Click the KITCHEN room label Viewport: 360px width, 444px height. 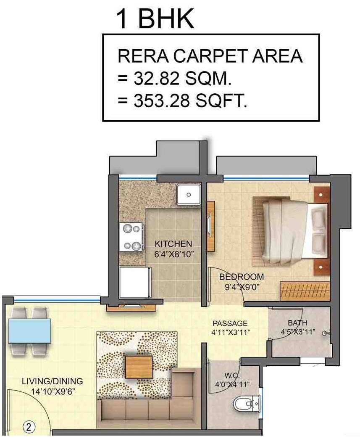173,244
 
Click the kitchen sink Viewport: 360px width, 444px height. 189,195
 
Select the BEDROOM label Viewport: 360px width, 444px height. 242,277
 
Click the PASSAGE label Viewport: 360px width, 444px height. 230,323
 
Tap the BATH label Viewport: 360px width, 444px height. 297,323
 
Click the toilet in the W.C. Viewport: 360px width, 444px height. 244,404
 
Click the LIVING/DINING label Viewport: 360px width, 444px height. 52,381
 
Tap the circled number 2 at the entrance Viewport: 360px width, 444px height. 29,427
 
